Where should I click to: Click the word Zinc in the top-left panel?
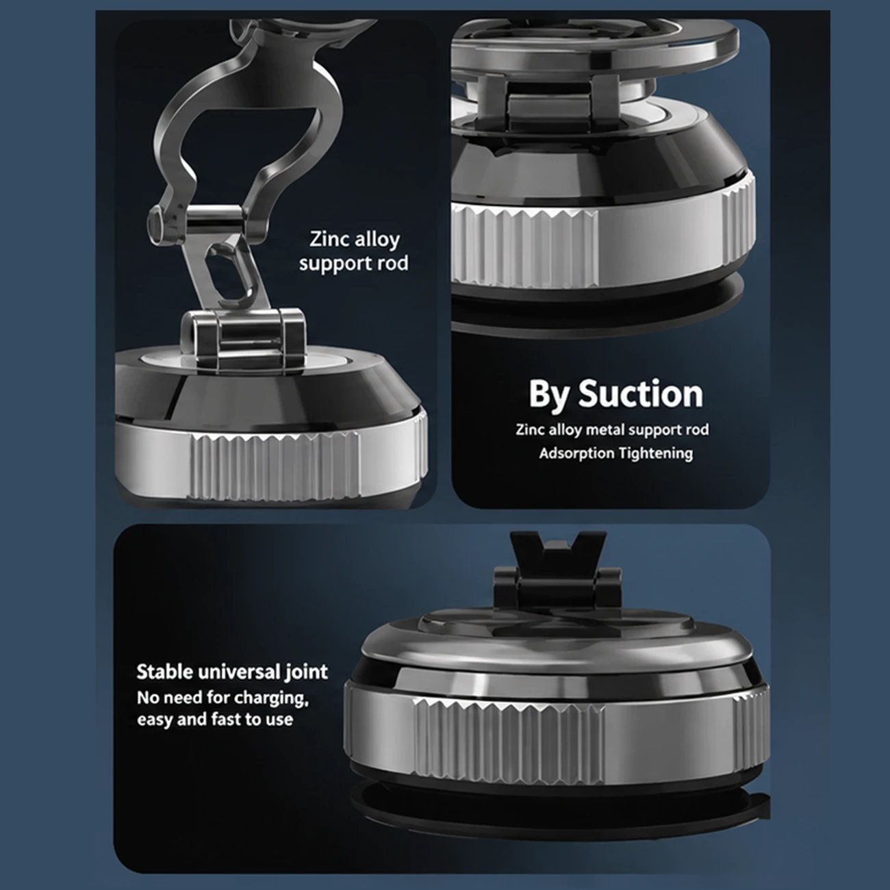coord(329,239)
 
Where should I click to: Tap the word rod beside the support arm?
coord(391,264)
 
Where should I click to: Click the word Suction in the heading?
coord(641,394)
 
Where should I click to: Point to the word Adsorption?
coord(576,453)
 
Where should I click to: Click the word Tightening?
coord(655,453)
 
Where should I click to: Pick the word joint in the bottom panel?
coord(306,672)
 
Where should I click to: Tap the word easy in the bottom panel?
coord(155,720)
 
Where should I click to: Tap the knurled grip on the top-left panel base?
coord(275,466)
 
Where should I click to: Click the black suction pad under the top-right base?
coord(599,305)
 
